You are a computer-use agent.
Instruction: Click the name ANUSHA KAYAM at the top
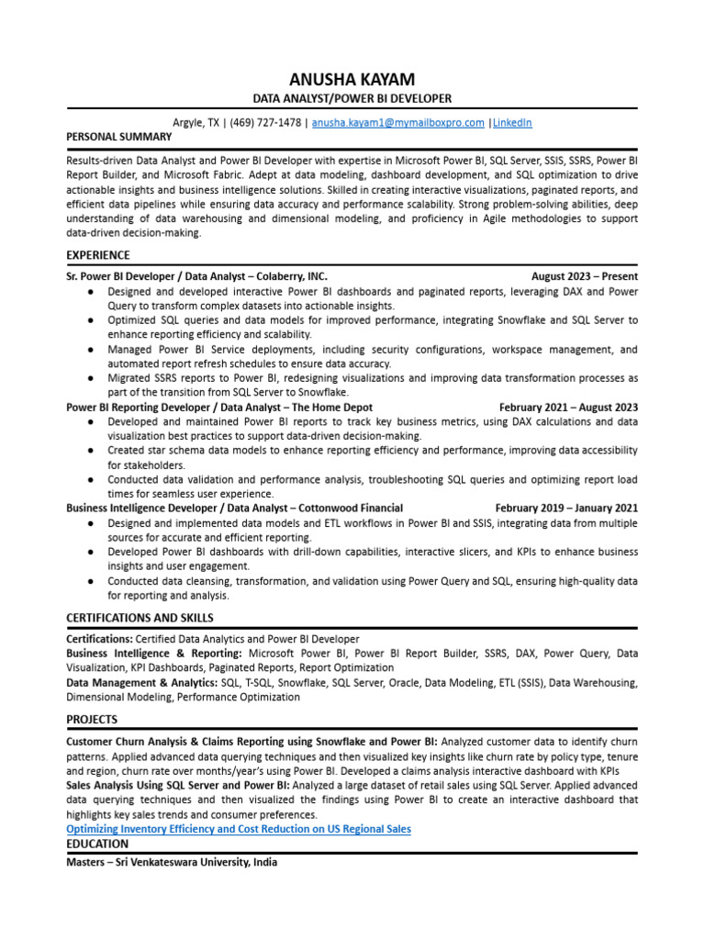[x=352, y=81]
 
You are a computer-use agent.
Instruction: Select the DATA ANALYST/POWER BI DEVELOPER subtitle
[x=352, y=99]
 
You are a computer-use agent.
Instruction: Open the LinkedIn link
[x=512, y=122]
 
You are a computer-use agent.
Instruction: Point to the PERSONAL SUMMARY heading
[x=119, y=137]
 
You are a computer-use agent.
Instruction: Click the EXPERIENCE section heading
[x=98, y=255]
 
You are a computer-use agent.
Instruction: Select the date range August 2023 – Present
[x=584, y=276]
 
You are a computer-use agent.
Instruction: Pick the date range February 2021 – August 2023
[x=568, y=408]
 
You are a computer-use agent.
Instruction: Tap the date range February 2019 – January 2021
[x=566, y=509]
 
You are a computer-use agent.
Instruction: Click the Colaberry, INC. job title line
[x=196, y=276]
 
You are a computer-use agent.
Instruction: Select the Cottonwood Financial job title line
[x=234, y=509]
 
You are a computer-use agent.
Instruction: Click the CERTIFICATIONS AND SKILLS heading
[x=140, y=617]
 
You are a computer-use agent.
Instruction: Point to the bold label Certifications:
[x=100, y=639]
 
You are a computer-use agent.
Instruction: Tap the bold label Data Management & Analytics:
[x=141, y=683]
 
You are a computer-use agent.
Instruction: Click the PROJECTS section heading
[x=92, y=719]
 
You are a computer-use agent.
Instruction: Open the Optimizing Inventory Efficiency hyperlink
[x=239, y=829]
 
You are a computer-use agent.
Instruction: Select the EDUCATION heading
[x=97, y=844]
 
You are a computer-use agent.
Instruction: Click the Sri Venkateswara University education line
[x=172, y=863]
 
